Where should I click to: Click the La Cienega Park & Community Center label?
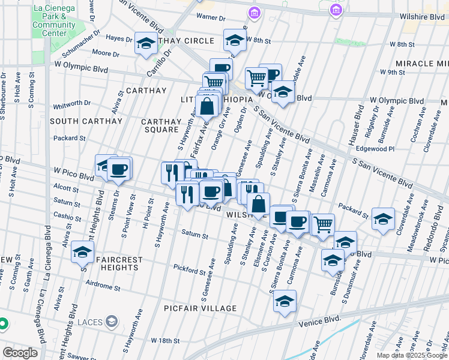point(54,20)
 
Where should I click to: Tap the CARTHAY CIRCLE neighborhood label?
point(183,41)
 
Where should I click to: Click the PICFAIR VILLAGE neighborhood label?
point(200,308)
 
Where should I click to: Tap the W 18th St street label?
point(165,341)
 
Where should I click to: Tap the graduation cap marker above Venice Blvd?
point(285,302)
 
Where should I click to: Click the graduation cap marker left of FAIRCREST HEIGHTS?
point(83,253)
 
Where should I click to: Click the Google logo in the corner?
point(20,353)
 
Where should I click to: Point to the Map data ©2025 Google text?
point(411,355)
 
